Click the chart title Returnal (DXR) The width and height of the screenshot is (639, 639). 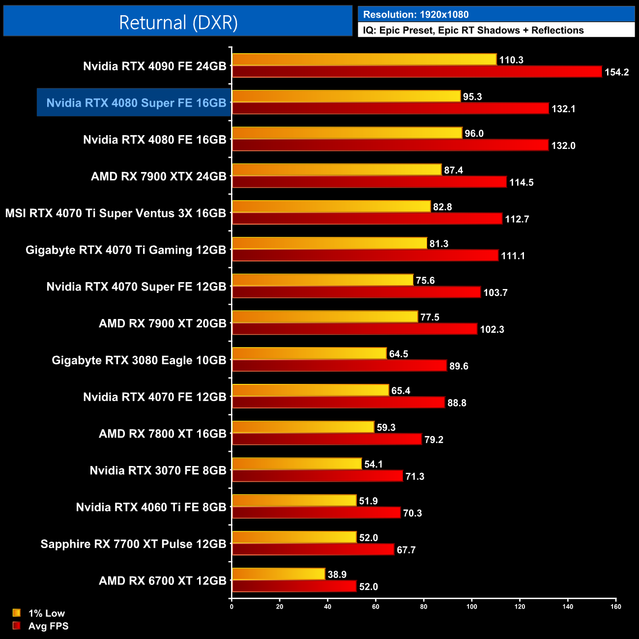coord(178,23)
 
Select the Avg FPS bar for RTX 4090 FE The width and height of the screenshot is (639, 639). coord(417,72)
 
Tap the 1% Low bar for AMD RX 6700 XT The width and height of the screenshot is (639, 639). coord(279,574)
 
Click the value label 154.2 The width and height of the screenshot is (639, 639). coord(616,72)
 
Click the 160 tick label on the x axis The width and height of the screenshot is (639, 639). coord(615,607)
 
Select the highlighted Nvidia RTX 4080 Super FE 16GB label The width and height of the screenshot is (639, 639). coord(136,103)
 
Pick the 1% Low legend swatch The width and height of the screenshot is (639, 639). coord(17,613)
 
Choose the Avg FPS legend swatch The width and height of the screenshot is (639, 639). coord(17,626)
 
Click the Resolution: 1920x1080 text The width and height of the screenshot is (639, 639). coord(416,15)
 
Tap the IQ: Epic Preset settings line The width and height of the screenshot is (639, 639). coord(473,30)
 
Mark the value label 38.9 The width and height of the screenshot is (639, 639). coord(337,575)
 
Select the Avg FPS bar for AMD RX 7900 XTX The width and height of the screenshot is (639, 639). coord(369,182)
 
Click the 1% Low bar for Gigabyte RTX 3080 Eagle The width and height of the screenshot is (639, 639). coord(309,353)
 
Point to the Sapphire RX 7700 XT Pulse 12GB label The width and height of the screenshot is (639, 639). coord(133,544)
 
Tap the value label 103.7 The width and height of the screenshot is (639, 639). coord(495,292)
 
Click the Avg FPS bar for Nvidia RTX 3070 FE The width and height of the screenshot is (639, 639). coord(318,476)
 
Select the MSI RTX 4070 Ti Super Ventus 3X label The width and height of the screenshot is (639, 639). coord(116,213)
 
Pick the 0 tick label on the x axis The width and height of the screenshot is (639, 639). coord(232,607)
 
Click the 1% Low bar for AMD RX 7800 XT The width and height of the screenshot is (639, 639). coord(303,427)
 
